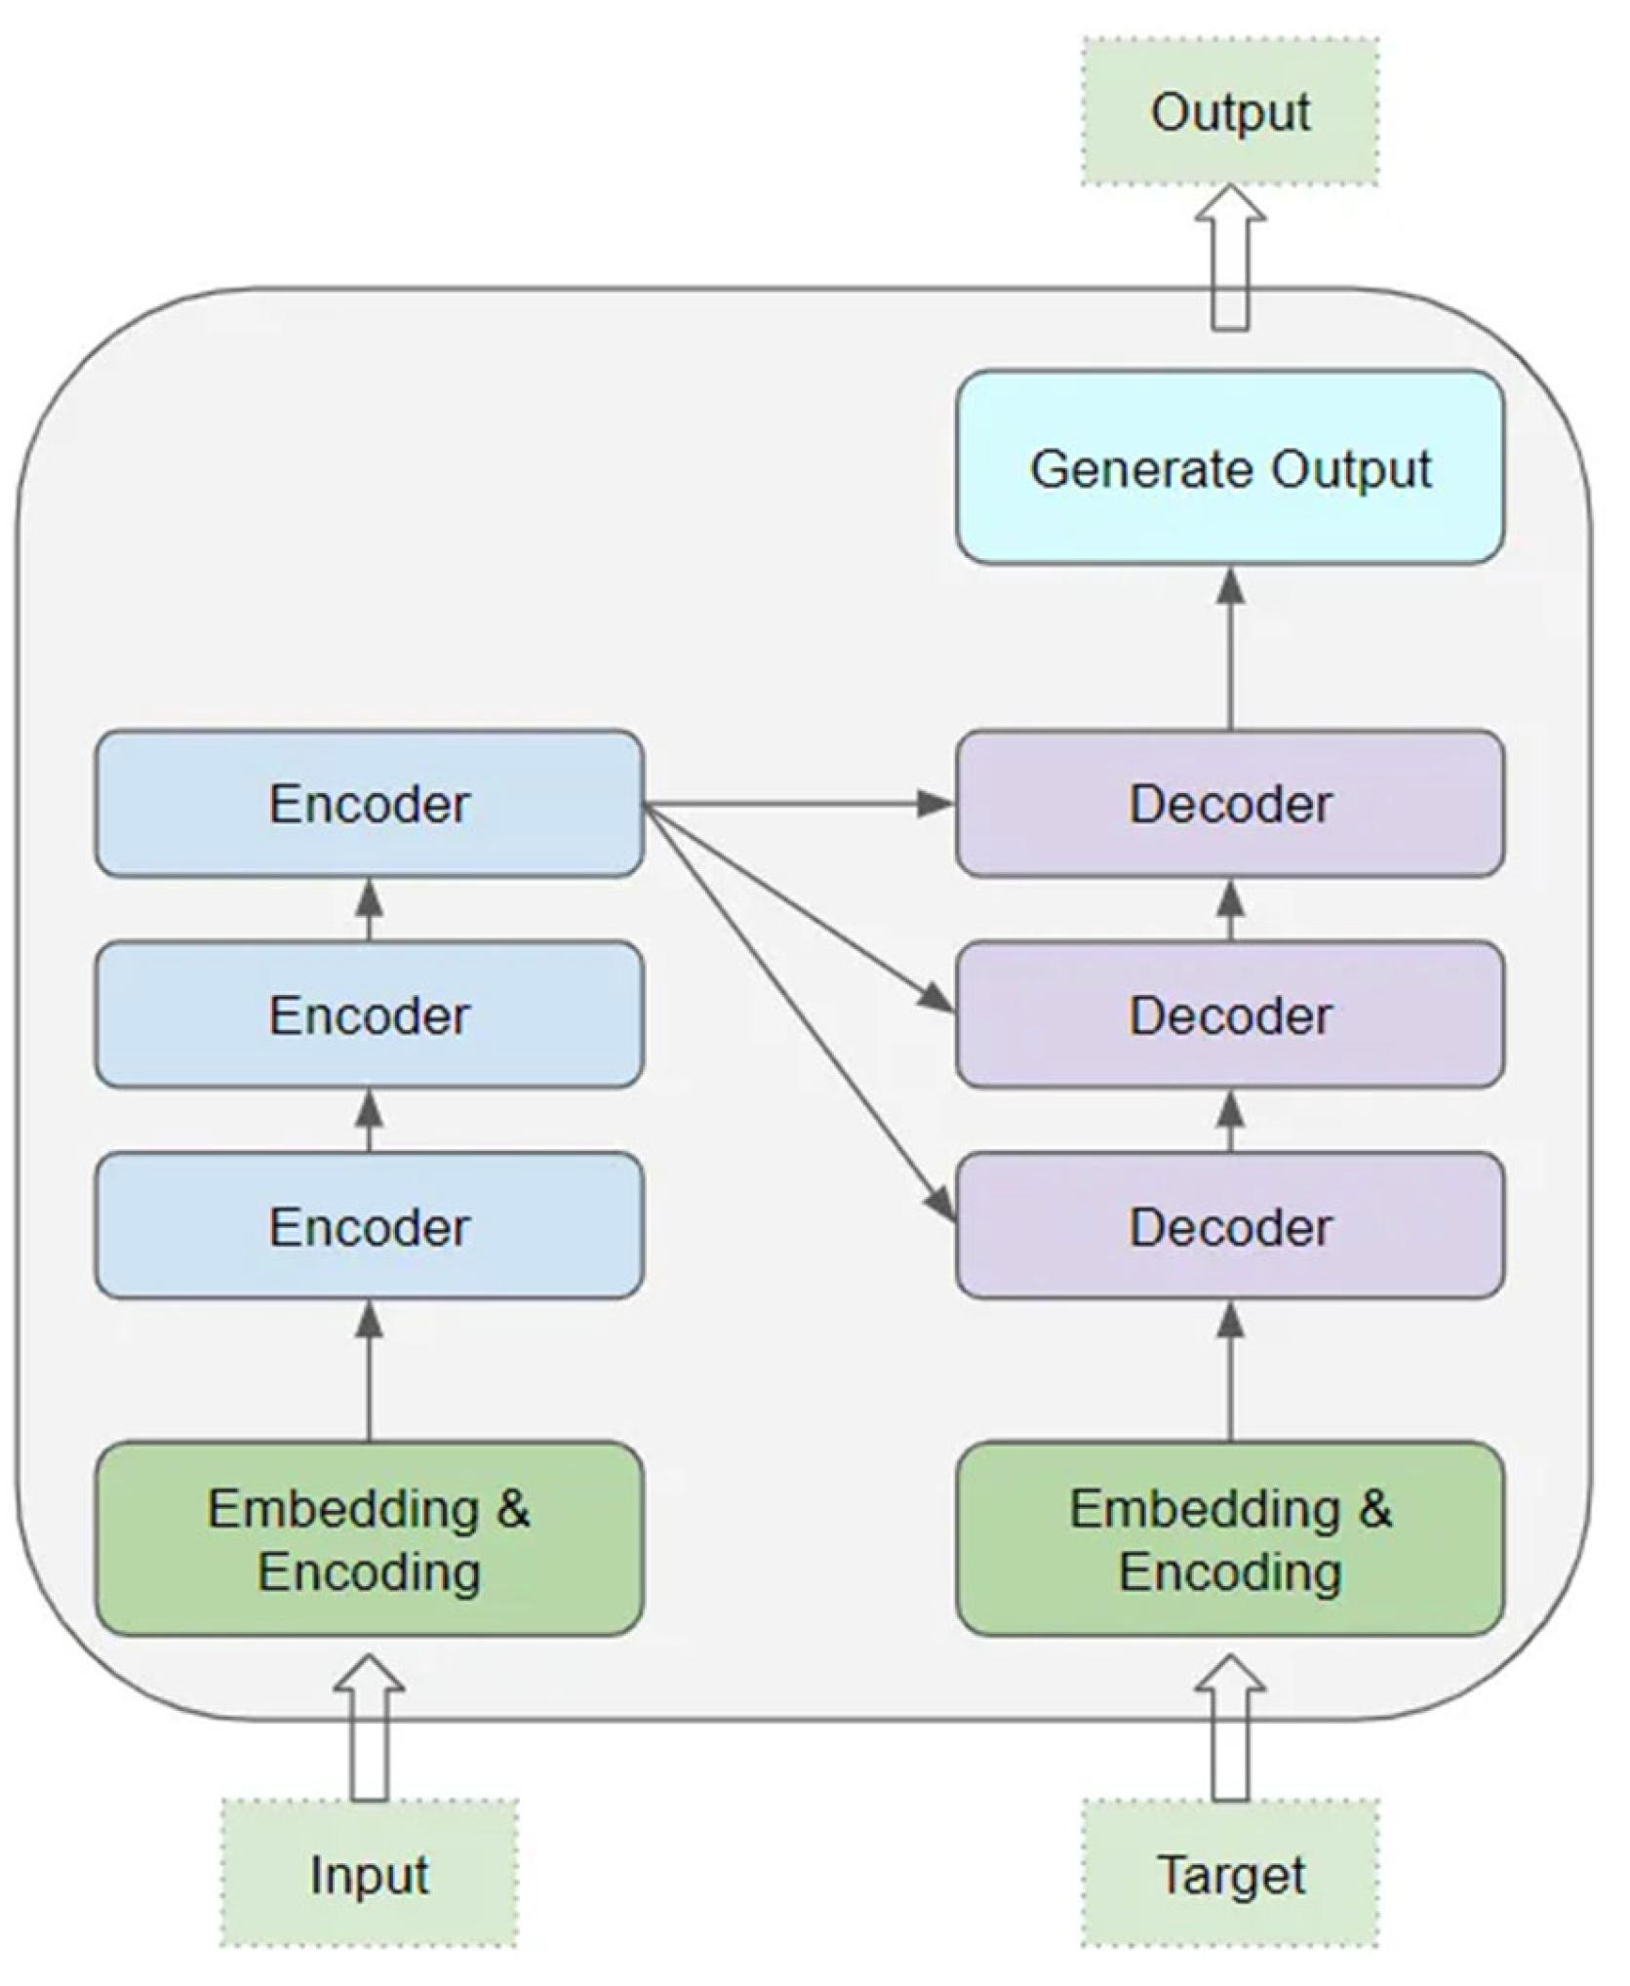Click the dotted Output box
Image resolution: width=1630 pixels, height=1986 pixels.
pos(1229,111)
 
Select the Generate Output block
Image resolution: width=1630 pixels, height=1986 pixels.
pos(1229,467)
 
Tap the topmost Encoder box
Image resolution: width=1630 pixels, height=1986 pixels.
pos(369,804)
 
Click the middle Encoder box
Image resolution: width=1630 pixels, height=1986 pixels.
pos(369,1014)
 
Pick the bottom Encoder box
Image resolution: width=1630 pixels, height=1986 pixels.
pos(369,1226)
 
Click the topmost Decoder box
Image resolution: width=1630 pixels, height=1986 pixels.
pos(1229,804)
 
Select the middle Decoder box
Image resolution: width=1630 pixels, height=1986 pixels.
pos(1229,1014)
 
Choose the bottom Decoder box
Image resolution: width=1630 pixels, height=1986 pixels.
pos(1229,1226)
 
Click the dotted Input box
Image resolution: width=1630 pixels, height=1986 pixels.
pos(369,1874)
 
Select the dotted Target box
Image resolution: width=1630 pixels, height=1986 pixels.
pos(1229,1874)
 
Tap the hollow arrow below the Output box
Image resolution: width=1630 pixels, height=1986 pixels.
pos(1229,258)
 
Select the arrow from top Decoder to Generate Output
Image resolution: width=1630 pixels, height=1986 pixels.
pos(1230,654)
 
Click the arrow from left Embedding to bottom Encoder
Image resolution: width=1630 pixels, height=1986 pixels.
pos(369,1375)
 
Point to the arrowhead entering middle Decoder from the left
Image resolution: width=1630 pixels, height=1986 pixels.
pos(938,1000)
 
